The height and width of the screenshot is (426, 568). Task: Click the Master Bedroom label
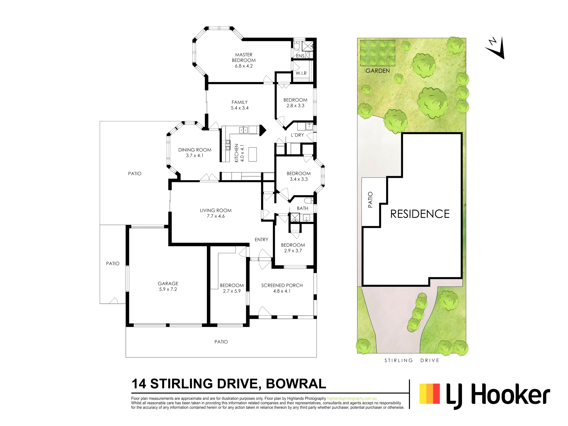(244, 57)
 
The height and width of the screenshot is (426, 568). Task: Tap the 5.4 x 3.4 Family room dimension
(240, 108)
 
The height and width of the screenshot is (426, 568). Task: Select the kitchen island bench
(253, 154)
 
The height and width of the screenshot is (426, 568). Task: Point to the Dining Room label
(195, 150)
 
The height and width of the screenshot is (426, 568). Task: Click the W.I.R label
(301, 73)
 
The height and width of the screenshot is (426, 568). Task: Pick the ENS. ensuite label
(300, 56)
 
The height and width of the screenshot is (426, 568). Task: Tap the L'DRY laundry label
(297, 135)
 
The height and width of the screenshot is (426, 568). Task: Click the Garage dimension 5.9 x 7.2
(168, 289)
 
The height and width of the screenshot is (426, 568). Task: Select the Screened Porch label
(282, 285)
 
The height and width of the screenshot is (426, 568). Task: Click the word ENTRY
(262, 240)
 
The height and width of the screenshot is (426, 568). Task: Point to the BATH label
(302, 208)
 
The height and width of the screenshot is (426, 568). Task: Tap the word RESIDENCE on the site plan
(420, 214)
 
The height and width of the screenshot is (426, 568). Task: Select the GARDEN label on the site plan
(377, 71)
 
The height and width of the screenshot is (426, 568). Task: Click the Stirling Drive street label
(412, 360)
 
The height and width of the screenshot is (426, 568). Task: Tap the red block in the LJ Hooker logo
(437, 393)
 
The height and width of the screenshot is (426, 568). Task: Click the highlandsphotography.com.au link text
(352, 398)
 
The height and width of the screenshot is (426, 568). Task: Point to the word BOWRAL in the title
(296, 384)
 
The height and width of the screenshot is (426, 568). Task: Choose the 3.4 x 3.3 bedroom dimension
(299, 179)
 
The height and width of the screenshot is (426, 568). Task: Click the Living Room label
(216, 211)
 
